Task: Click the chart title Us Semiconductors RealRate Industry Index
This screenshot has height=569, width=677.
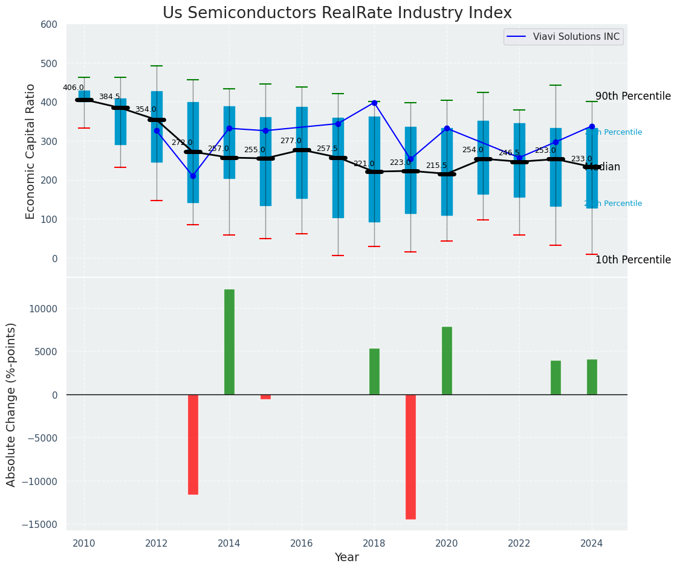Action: [337, 13]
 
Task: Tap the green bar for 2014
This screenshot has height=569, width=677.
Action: [229, 342]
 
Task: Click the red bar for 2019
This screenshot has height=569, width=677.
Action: [410, 457]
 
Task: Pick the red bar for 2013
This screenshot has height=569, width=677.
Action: [193, 445]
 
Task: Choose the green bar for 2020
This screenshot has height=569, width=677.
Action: [447, 361]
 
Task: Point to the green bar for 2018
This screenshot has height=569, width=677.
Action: [374, 371]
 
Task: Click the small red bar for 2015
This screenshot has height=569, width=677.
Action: [265, 397]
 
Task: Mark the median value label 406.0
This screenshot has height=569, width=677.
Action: [73, 88]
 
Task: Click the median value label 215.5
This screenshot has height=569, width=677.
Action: [436, 166]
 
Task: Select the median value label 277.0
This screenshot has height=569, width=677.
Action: [291, 141]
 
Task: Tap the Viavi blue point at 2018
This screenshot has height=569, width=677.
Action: [374, 103]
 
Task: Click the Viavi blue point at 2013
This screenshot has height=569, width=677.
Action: [193, 176]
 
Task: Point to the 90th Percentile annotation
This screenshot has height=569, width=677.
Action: [633, 97]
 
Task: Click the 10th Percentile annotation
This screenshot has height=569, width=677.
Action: [633, 260]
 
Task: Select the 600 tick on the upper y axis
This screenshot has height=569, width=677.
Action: [49, 25]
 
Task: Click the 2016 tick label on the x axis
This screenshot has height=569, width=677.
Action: [302, 542]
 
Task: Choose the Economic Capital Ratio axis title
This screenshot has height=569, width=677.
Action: [31, 151]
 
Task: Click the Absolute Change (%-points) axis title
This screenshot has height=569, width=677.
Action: [11, 404]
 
